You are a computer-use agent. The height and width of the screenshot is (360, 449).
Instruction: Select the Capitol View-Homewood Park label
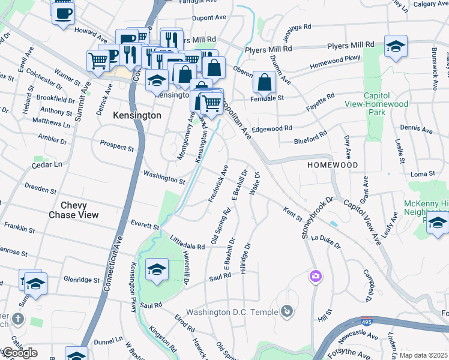pos(385,104)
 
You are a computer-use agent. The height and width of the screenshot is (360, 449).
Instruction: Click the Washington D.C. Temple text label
pos(232,312)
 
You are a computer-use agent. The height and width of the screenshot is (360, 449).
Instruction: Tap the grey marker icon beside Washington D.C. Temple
pos(288,311)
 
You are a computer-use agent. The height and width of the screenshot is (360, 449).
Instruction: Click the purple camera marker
pos(315,277)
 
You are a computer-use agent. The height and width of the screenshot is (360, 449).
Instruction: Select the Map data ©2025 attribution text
pos(423,355)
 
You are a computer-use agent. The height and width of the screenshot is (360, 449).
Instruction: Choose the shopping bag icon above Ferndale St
pos(264,82)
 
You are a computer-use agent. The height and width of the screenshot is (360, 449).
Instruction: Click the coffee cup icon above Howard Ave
pos(63,13)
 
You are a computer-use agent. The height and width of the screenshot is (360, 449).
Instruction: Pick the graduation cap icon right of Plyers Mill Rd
pos(395,46)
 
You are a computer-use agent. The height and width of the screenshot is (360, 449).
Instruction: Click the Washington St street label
pos(163,178)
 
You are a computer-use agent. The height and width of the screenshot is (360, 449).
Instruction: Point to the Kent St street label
pos(291,212)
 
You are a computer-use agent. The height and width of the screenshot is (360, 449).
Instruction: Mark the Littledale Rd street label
pos(188,243)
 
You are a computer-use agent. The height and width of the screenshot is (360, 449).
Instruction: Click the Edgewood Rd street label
pos(271,128)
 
